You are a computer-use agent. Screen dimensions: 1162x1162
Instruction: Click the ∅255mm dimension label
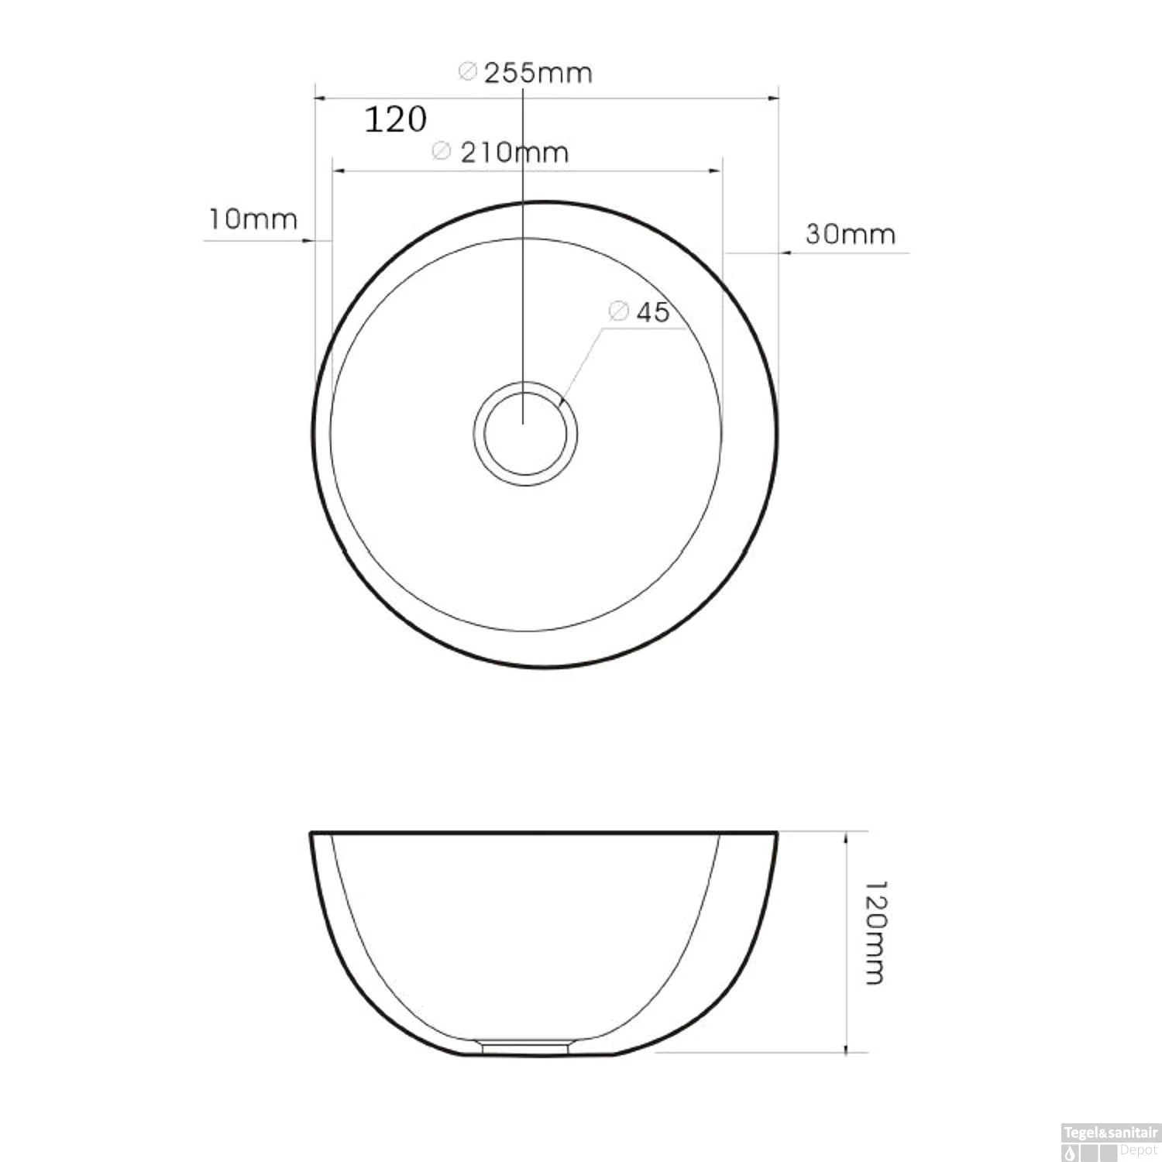point(526,73)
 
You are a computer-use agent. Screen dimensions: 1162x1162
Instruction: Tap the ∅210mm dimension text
point(500,152)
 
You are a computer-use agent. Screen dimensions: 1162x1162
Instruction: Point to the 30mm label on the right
point(850,233)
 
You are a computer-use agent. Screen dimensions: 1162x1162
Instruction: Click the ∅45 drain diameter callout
point(639,311)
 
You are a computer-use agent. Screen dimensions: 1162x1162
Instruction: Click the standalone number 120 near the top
point(395,119)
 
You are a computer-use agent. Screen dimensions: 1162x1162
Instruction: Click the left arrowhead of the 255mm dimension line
point(318,98)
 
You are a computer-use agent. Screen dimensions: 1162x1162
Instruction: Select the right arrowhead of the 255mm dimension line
point(772,98)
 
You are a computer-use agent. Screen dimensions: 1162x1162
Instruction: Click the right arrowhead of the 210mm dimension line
point(717,170)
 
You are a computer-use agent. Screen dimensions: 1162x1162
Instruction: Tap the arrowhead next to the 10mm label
point(309,241)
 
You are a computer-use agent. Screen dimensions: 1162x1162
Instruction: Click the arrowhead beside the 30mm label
point(784,253)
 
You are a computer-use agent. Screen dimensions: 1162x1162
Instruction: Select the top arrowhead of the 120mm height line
point(846,837)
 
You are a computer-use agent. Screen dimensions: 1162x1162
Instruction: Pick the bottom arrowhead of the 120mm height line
point(846,1048)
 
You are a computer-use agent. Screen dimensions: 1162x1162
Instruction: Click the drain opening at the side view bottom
point(527,1047)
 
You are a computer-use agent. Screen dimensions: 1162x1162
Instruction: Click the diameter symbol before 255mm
point(466,72)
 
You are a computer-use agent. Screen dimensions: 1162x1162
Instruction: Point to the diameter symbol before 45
point(617,311)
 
